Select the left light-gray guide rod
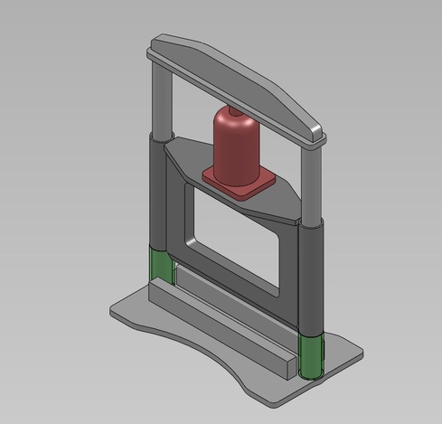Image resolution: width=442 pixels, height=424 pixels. [x=160, y=99]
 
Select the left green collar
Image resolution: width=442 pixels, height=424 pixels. [x=161, y=265]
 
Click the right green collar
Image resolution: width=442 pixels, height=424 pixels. [x=310, y=356]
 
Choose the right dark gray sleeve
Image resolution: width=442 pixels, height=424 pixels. [x=310, y=280]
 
